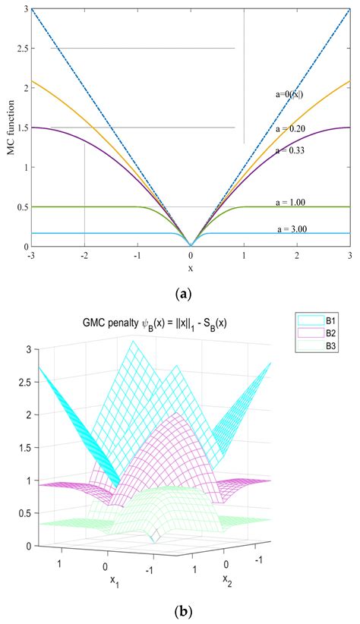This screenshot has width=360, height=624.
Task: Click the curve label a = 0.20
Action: coord(291,129)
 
